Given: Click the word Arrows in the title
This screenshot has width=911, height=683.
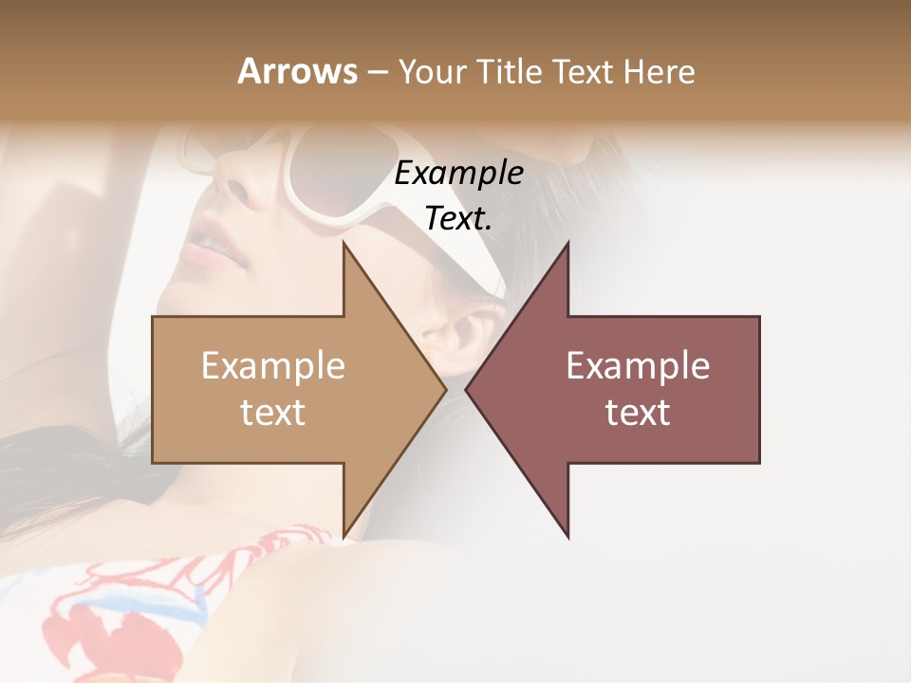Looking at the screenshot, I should click(x=297, y=71).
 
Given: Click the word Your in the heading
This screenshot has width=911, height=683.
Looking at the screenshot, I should click(x=431, y=72).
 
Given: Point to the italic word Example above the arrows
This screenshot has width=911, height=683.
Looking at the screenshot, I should click(x=458, y=174).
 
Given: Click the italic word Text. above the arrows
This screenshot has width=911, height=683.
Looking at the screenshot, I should click(x=458, y=219).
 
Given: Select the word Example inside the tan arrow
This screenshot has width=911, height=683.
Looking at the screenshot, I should click(x=273, y=366).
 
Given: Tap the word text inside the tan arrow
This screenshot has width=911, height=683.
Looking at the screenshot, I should click(x=273, y=413).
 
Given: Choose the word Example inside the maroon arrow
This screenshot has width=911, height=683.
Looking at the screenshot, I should click(x=638, y=366).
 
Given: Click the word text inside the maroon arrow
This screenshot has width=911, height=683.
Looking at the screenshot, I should click(x=638, y=413).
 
